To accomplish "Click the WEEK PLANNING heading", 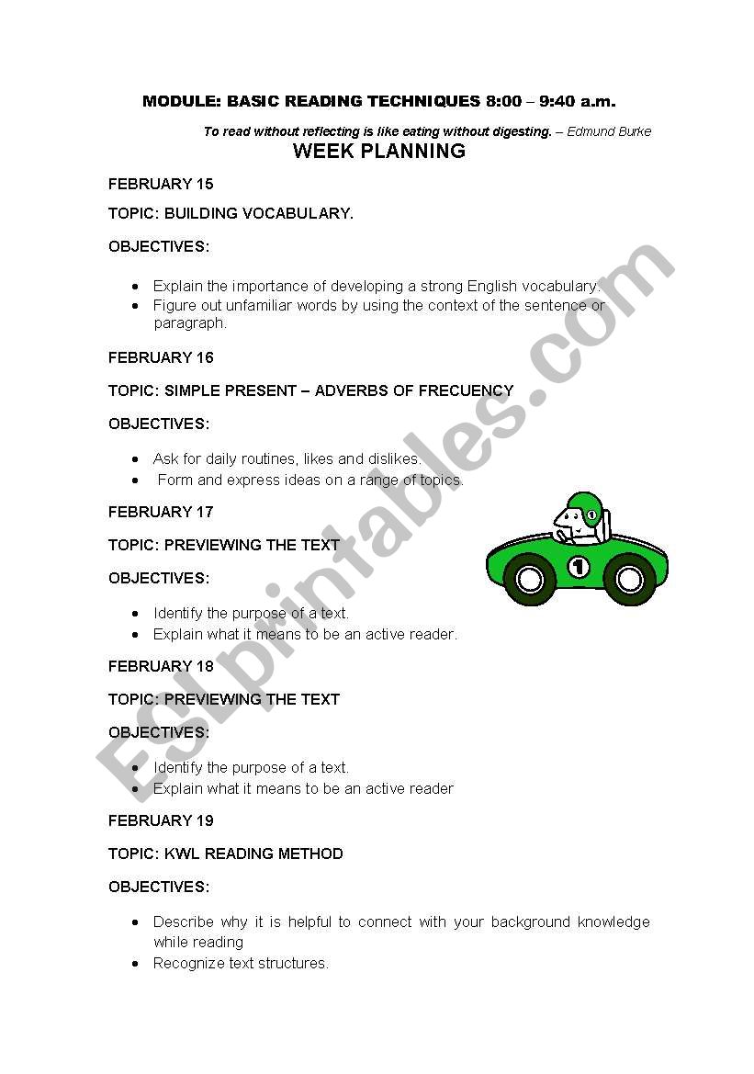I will coord(378,152).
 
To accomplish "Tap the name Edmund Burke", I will coord(609,131).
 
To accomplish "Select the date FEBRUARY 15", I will coord(161,184).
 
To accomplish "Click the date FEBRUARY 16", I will coord(161,357).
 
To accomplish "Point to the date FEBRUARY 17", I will coord(161,512).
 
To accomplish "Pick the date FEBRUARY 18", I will coord(161,666).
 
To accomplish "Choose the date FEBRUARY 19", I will coord(161,820).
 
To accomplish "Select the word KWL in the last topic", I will coord(182,854).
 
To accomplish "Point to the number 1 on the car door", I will coord(579,567).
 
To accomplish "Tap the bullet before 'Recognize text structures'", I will coord(135,963).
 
